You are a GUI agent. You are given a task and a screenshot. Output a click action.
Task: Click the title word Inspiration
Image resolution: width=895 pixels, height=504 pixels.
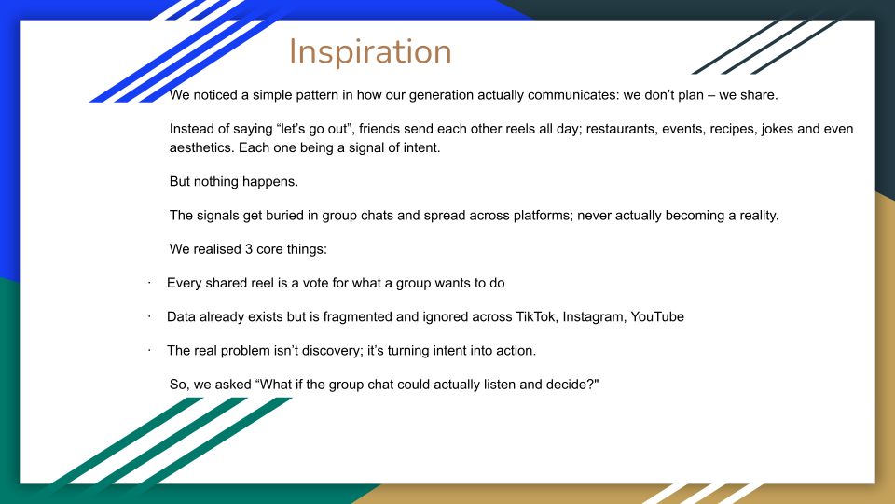[370, 52]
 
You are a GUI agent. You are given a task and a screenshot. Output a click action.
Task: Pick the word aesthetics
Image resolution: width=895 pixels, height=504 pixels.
[202, 148]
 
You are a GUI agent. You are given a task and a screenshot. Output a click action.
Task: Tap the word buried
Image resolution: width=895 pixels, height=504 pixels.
[267, 216]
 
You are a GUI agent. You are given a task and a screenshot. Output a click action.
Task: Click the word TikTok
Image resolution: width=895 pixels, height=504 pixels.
[536, 317]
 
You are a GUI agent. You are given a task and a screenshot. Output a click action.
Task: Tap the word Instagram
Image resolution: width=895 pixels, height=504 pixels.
[594, 317]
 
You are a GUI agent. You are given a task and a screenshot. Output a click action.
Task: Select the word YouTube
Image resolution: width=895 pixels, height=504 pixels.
[657, 317]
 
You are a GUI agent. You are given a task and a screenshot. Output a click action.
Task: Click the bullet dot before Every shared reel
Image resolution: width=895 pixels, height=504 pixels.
[149, 283]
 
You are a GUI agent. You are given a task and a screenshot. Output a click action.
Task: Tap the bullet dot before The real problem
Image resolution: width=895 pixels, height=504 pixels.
[149, 350]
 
